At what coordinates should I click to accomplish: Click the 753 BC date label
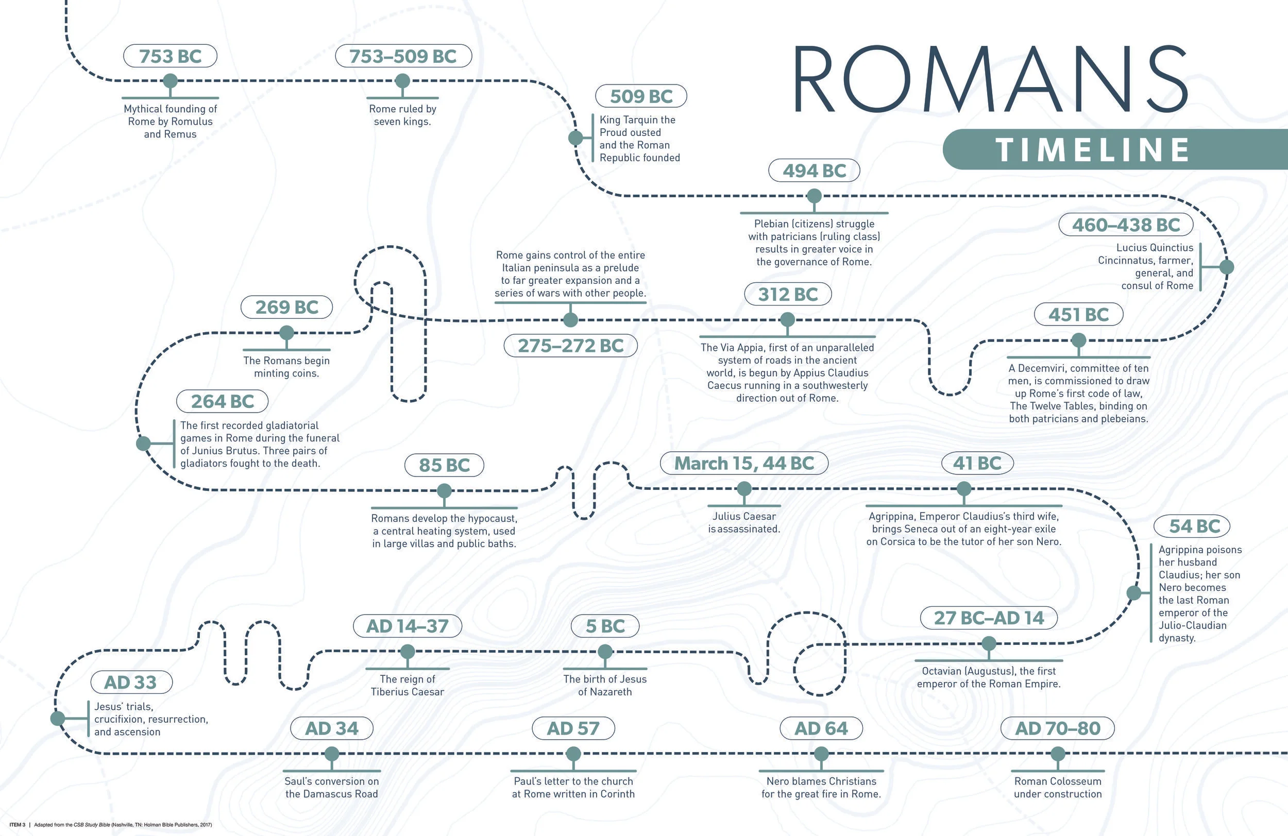170,56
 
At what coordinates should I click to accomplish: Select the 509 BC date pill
641,96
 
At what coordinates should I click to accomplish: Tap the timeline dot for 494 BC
814,196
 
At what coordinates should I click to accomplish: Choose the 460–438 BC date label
1126,225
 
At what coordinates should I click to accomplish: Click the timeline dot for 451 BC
1078,340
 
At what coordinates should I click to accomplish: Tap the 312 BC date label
787,294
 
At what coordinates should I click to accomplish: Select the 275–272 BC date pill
570,346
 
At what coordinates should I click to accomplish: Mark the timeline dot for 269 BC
286,333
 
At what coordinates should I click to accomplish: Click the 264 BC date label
223,401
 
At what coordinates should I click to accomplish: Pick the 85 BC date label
444,465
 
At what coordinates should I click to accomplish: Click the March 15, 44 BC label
743,464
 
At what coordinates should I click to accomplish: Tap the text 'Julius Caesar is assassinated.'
743,523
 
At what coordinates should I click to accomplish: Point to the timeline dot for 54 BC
1134,593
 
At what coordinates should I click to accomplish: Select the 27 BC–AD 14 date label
988,618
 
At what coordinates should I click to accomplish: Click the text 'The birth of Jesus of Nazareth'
604,685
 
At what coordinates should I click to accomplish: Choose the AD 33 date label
130,683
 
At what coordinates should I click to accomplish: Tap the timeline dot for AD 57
573,754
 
